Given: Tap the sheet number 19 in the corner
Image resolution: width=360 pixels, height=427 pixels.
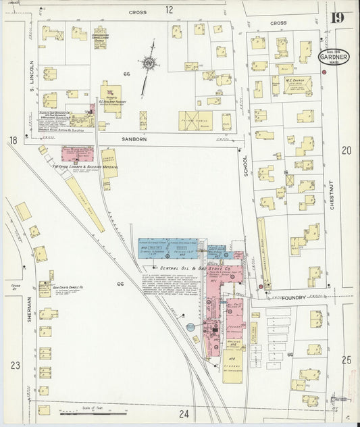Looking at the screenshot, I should point(339,18).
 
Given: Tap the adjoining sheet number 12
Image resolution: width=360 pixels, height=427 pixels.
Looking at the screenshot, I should point(169,9).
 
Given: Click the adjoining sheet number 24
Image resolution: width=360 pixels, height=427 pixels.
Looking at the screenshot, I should point(185,413).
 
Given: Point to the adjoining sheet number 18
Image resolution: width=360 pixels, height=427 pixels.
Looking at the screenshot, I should point(13,140).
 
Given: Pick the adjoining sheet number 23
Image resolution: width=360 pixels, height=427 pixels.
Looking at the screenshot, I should point(15,365).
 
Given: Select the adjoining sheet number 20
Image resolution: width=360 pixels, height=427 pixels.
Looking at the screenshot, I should point(346,150).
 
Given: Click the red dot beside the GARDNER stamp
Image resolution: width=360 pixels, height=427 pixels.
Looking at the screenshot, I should point(324,72).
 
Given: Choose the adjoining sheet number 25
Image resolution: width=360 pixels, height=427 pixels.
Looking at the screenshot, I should point(346,360).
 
